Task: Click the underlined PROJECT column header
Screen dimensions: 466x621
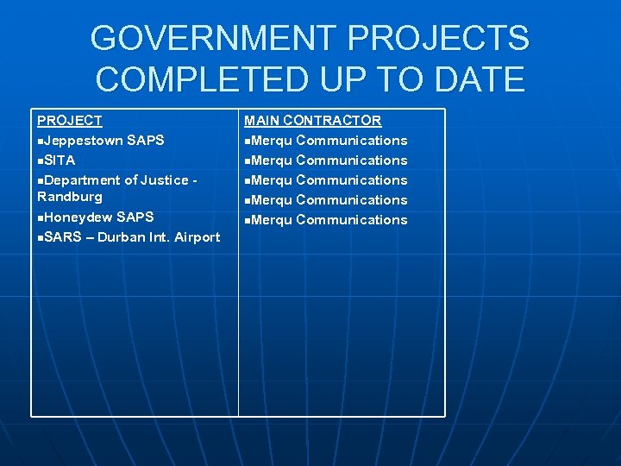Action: (70, 121)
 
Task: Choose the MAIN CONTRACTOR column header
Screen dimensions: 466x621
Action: (312, 121)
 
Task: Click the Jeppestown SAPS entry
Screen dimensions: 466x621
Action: (103, 140)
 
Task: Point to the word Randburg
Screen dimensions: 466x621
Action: (70, 197)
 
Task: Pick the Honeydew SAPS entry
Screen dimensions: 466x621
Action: (98, 217)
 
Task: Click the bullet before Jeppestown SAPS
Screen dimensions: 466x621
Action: (40, 141)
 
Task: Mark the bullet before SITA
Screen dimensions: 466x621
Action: (40, 161)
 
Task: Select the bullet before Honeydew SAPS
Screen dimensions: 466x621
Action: (40, 217)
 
